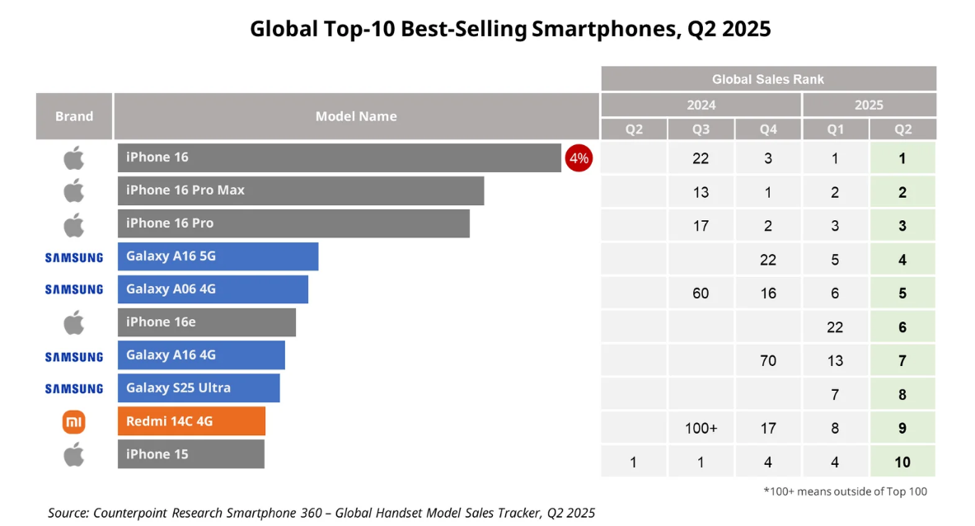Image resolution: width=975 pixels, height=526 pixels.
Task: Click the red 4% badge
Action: pos(579,158)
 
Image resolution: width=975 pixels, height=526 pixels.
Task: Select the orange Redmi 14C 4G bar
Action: pos(191,421)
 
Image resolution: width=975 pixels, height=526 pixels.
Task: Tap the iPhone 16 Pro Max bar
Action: pos(300,190)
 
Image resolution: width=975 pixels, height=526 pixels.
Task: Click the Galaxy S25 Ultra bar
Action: pos(198,388)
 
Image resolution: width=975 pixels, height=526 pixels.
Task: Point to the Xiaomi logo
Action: pos(74,422)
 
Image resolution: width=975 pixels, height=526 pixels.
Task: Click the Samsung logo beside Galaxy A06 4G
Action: pos(74,289)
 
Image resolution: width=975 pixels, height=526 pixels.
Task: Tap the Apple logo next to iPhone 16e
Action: pos(74,322)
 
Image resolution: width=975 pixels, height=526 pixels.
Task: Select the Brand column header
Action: pos(74,116)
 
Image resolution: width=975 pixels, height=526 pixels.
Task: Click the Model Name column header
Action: pos(356,116)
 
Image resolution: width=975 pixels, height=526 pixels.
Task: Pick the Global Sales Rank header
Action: pos(768,79)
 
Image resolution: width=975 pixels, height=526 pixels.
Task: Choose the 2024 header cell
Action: pos(701,105)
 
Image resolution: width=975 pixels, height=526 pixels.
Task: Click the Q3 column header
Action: pos(701,129)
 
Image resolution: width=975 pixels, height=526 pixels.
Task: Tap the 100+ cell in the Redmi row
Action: pos(701,428)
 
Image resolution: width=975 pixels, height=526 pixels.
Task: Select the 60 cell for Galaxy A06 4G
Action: pos(701,294)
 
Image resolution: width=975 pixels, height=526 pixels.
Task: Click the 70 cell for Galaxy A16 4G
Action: pos(768,360)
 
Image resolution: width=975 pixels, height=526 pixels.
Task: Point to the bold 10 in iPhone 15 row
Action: pos(902,462)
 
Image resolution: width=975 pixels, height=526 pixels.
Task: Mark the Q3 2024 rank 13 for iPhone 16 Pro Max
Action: pos(701,192)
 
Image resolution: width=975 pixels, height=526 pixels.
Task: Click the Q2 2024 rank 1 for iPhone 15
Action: pos(634,462)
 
